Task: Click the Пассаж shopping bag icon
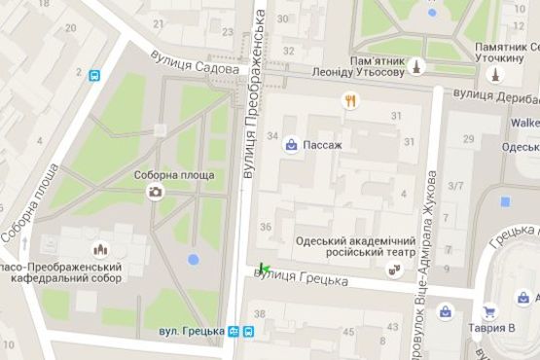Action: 291,145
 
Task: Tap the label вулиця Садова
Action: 196,63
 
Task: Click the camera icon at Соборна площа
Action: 155,192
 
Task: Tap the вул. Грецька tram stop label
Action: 192,331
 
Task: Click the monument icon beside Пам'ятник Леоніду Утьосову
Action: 417,66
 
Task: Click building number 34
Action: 272,135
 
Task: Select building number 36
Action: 267,227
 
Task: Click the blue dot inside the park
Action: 193,260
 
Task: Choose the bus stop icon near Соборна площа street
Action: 93,75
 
